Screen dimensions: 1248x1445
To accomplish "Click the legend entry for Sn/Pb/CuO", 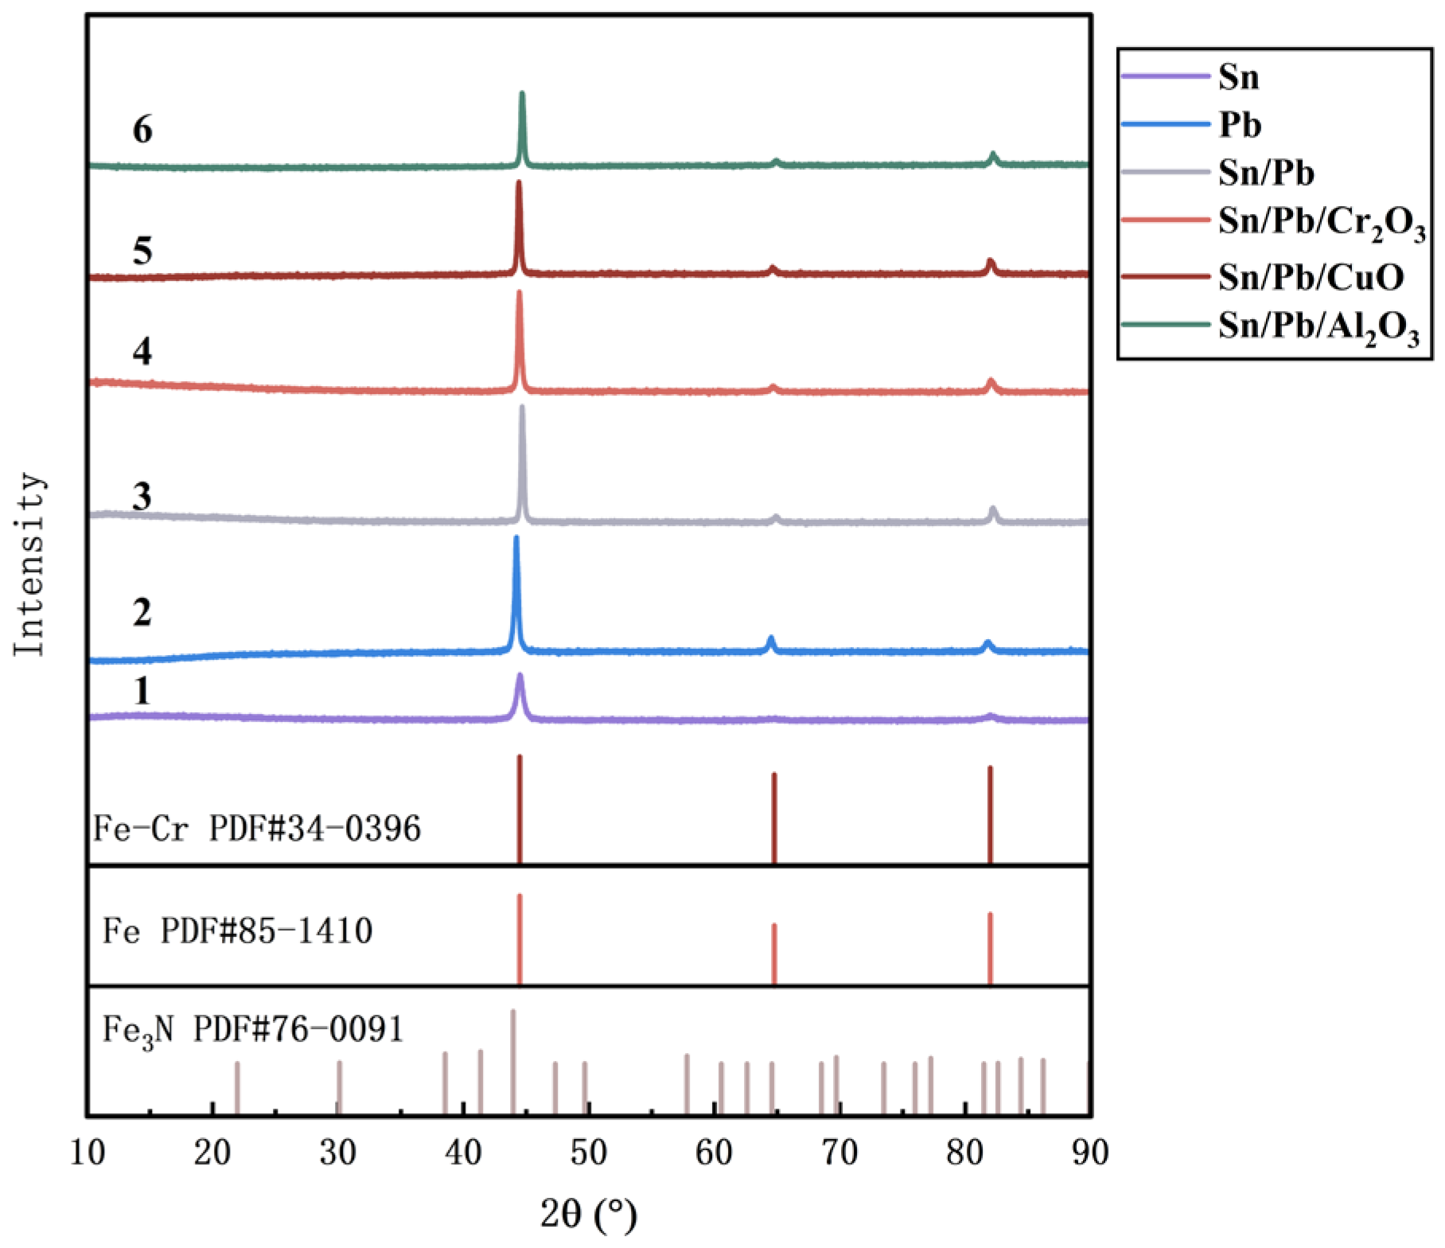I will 1311,277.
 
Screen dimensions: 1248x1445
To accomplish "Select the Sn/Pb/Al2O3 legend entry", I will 1318,326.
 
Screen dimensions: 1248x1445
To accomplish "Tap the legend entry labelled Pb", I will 1239,125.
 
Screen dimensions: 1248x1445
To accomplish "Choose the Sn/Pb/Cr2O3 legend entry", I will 1321,223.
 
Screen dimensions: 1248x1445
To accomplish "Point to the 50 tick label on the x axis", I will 588,1152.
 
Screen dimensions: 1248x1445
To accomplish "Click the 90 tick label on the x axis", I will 1089,1152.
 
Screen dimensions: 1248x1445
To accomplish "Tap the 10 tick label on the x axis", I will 88,1152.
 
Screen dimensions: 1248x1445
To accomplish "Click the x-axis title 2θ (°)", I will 588,1215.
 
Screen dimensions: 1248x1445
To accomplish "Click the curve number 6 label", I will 142,130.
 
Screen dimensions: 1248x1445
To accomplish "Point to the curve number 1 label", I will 142,691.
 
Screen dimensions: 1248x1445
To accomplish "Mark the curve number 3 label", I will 142,497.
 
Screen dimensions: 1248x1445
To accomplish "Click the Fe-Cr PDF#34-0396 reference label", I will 257,829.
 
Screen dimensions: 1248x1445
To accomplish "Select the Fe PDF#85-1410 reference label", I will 237,930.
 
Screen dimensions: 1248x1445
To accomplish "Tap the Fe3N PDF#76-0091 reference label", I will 253,1031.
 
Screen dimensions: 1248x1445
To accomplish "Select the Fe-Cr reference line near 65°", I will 774,816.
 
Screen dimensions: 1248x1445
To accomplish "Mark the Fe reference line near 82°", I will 990,947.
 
